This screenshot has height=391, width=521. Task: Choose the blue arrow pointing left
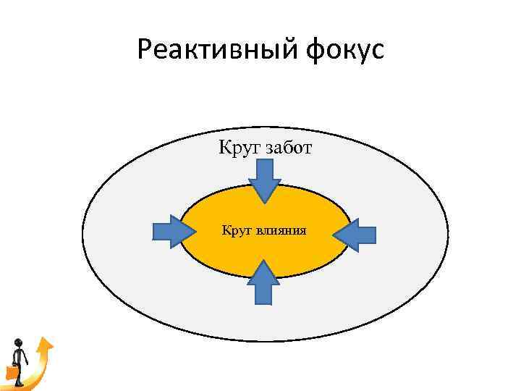355,234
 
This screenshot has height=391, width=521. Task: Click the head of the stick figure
19,343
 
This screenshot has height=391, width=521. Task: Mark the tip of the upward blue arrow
264,261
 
